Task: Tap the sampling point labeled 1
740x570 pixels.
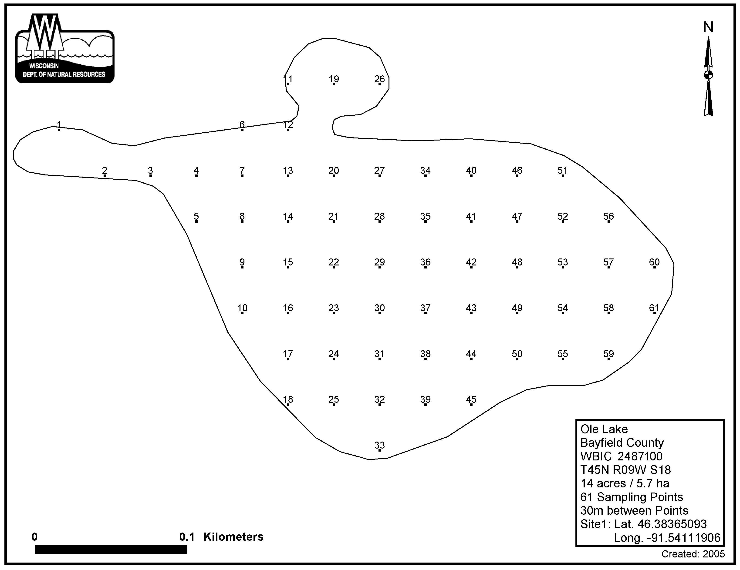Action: pos(59,129)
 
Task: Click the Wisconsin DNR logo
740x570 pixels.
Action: pos(65,48)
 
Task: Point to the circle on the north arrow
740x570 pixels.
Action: pos(708,75)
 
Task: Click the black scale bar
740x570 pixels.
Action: pos(111,549)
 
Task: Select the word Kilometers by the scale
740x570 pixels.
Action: pos(233,537)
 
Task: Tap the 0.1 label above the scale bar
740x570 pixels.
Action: pos(187,537)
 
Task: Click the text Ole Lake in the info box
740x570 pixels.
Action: pos(604,429)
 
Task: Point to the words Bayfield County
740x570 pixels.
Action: pos(622,443)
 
